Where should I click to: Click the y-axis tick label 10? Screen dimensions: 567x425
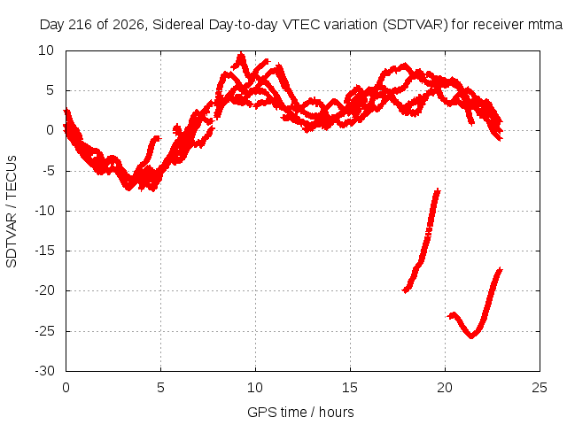46,50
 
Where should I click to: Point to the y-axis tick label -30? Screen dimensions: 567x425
45,371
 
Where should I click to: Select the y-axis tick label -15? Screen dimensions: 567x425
45,251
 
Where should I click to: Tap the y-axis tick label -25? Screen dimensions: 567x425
45,330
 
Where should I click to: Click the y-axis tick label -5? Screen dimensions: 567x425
49,171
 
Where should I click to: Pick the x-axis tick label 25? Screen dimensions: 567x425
540,388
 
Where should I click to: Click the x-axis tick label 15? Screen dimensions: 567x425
350,388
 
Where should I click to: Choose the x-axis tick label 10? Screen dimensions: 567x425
255,388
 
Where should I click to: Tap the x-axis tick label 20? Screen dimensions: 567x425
445,388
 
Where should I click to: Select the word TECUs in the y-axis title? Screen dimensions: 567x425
12,177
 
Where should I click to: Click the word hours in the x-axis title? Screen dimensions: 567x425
337,412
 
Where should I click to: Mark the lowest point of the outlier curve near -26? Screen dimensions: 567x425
471,336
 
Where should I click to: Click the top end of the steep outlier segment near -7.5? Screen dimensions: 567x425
438,190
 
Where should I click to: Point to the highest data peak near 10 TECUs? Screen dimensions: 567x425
241,54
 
